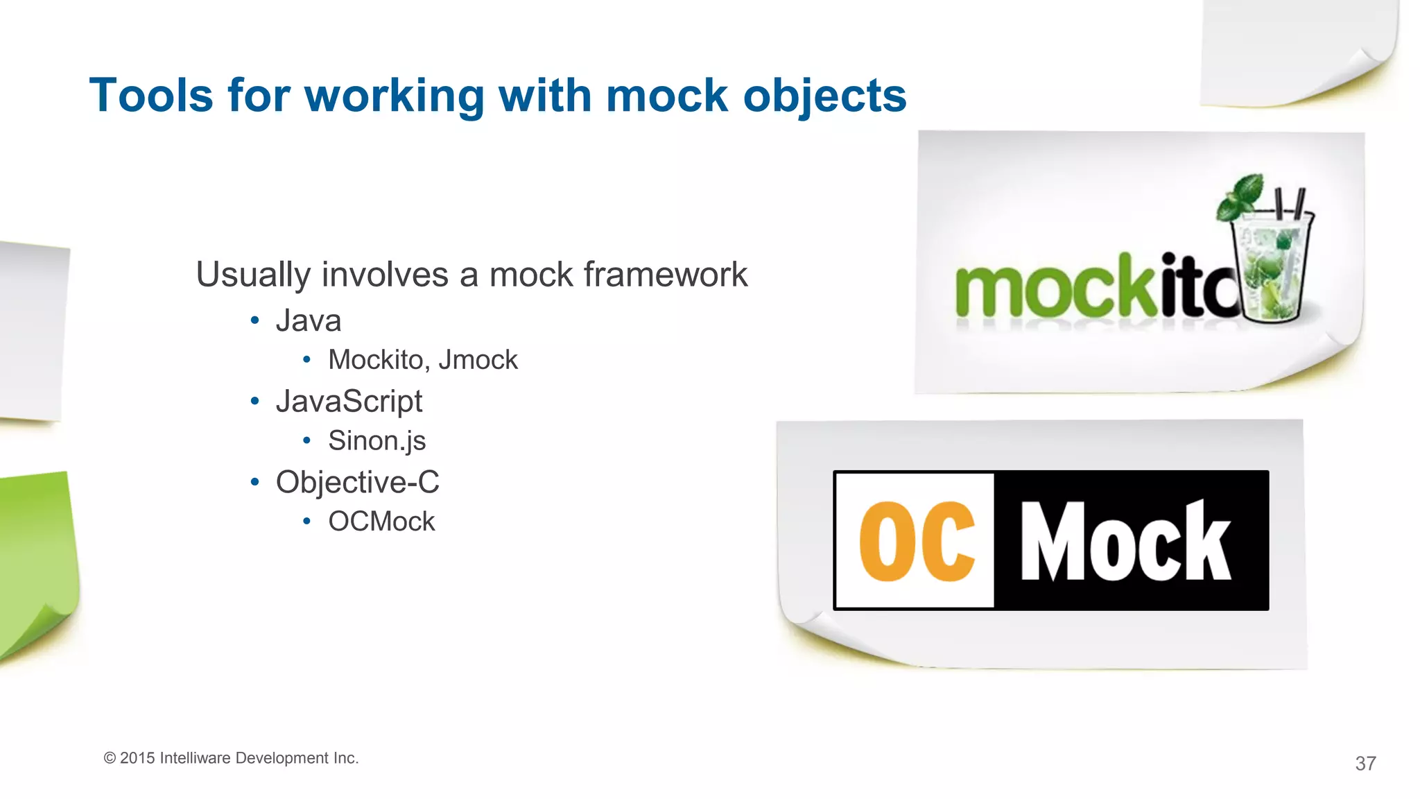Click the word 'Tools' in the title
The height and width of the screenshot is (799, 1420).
coord(151,95)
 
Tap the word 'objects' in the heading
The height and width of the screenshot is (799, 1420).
coord(824,95)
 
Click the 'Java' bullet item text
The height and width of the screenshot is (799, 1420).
coord(309,320)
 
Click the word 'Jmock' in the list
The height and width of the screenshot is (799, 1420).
coord(478,360)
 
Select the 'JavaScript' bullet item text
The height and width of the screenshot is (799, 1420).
coord(349,401)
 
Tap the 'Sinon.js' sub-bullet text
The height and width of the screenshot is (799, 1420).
coord(376,440)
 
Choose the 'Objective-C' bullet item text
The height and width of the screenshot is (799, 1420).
coord(357,482)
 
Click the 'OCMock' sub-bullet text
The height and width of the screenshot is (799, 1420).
coord(381,522)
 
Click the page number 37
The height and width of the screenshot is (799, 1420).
coord(1365,764)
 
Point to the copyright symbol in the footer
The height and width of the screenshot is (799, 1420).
coord(110,758)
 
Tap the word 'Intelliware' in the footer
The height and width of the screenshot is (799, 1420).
coord(195,758)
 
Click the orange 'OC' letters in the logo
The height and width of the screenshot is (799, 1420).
coord(917,541)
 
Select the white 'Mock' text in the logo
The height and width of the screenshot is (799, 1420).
coord(1125,541)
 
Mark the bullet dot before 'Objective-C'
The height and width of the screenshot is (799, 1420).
coord(255,481)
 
